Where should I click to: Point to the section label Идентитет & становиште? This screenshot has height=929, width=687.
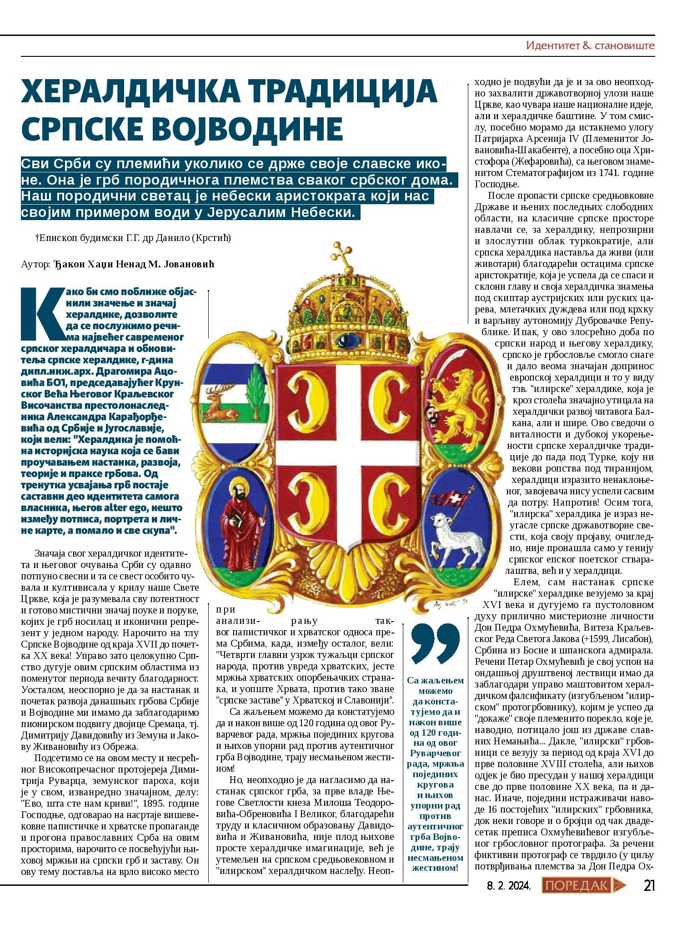(x=590, y=45)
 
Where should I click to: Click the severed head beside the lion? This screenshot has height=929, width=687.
(x=430, y=413)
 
